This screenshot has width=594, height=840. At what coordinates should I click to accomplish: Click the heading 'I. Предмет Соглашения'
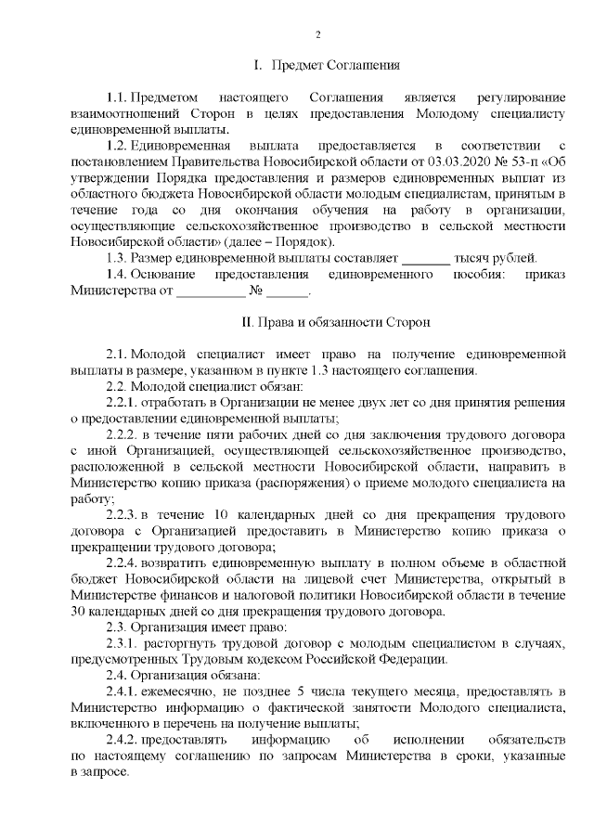click(326, 66)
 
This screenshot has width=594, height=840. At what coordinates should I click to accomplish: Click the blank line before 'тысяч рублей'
click(428, 257)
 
